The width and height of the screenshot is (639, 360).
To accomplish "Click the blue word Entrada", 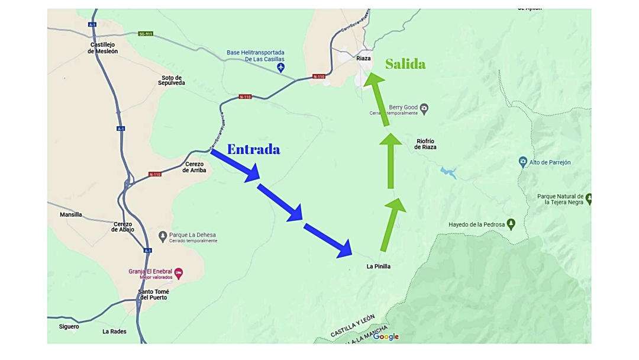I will click(x=253, y=149).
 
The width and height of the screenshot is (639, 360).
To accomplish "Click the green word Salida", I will click(x=405, y=64).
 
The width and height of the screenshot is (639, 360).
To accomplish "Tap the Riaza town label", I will click(x=363, y=59).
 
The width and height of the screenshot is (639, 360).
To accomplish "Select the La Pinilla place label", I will click(x=379, y=266).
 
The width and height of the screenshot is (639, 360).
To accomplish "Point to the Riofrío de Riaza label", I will click(x=426, y=144).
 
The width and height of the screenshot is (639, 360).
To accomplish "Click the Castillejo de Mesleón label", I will click(x=103, y=48).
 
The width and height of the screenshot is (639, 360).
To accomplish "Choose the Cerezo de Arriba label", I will click(x=194, y=167).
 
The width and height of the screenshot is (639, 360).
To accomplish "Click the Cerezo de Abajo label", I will click(x=123, y=226).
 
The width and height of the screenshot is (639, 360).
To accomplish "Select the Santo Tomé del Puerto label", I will click(x=153, y=294).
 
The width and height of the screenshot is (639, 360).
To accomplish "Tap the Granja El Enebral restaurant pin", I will click(x=179, y=273).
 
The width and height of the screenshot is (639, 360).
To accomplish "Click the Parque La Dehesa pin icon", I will click(x=163, y=236).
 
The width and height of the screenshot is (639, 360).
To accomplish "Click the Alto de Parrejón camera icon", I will click(x=522, y=162).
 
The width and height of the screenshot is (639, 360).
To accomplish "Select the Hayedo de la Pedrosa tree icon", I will click(x=511, y=224).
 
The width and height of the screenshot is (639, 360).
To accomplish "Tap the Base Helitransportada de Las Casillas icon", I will click(x=280, y=68).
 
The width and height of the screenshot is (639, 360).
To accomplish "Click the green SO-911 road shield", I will click(x=146, y=34).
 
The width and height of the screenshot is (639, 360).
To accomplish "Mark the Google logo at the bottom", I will click(x=386, y=337).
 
